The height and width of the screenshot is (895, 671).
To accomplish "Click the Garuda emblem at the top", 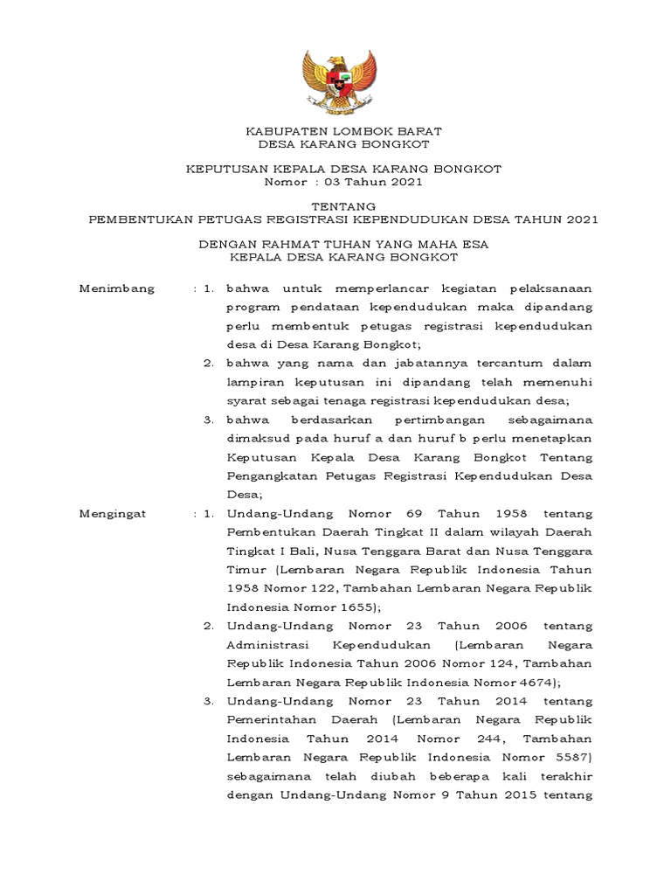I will coord(335,82).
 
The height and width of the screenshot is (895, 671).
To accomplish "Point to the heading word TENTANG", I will coord(336,206).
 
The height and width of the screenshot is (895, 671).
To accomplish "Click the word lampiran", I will coord(253,382).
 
